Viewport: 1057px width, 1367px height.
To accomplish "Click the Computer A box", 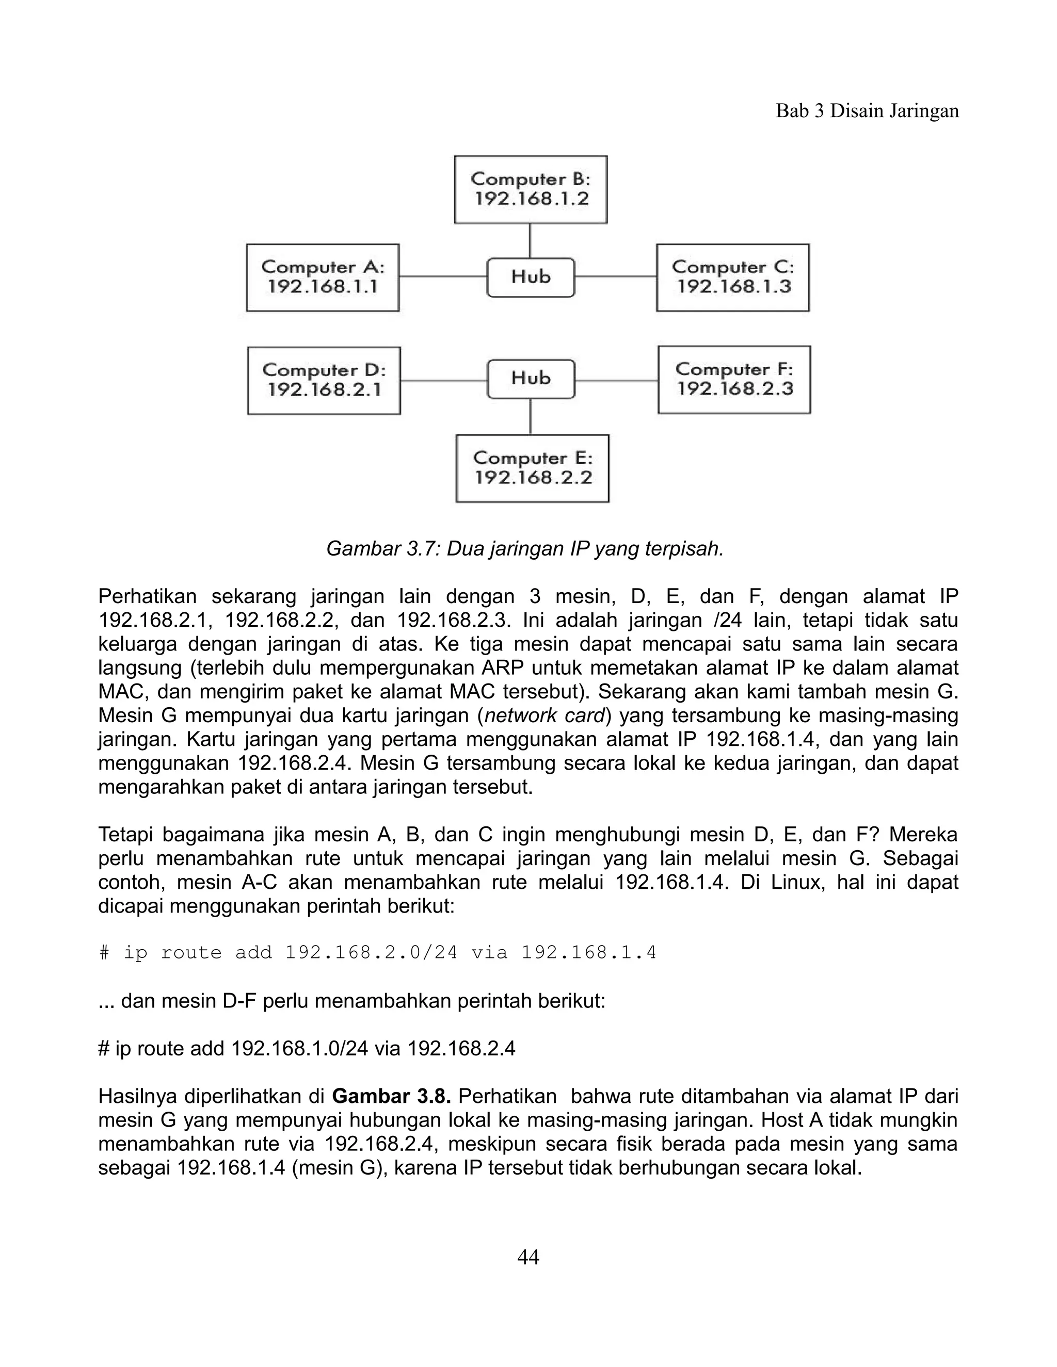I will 323,278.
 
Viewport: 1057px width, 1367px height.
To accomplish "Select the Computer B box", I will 531,189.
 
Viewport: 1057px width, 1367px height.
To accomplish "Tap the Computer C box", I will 733,278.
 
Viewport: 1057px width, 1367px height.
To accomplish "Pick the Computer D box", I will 324,380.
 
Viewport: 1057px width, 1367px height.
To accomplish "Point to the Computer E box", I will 532,468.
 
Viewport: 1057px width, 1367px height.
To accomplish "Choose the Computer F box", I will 734,379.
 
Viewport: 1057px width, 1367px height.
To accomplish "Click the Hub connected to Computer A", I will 531,278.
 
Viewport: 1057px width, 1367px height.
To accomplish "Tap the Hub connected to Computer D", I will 531,379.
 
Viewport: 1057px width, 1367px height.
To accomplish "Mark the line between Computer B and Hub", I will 531,240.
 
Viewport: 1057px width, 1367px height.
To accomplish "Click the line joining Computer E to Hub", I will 531,417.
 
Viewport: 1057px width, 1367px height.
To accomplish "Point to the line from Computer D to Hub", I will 443,380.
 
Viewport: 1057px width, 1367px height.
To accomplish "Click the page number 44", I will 528,1256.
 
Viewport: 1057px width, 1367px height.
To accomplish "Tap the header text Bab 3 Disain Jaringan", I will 867,111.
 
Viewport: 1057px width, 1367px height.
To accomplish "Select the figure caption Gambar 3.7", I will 525,549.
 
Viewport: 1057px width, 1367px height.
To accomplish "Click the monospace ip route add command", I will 378,953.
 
